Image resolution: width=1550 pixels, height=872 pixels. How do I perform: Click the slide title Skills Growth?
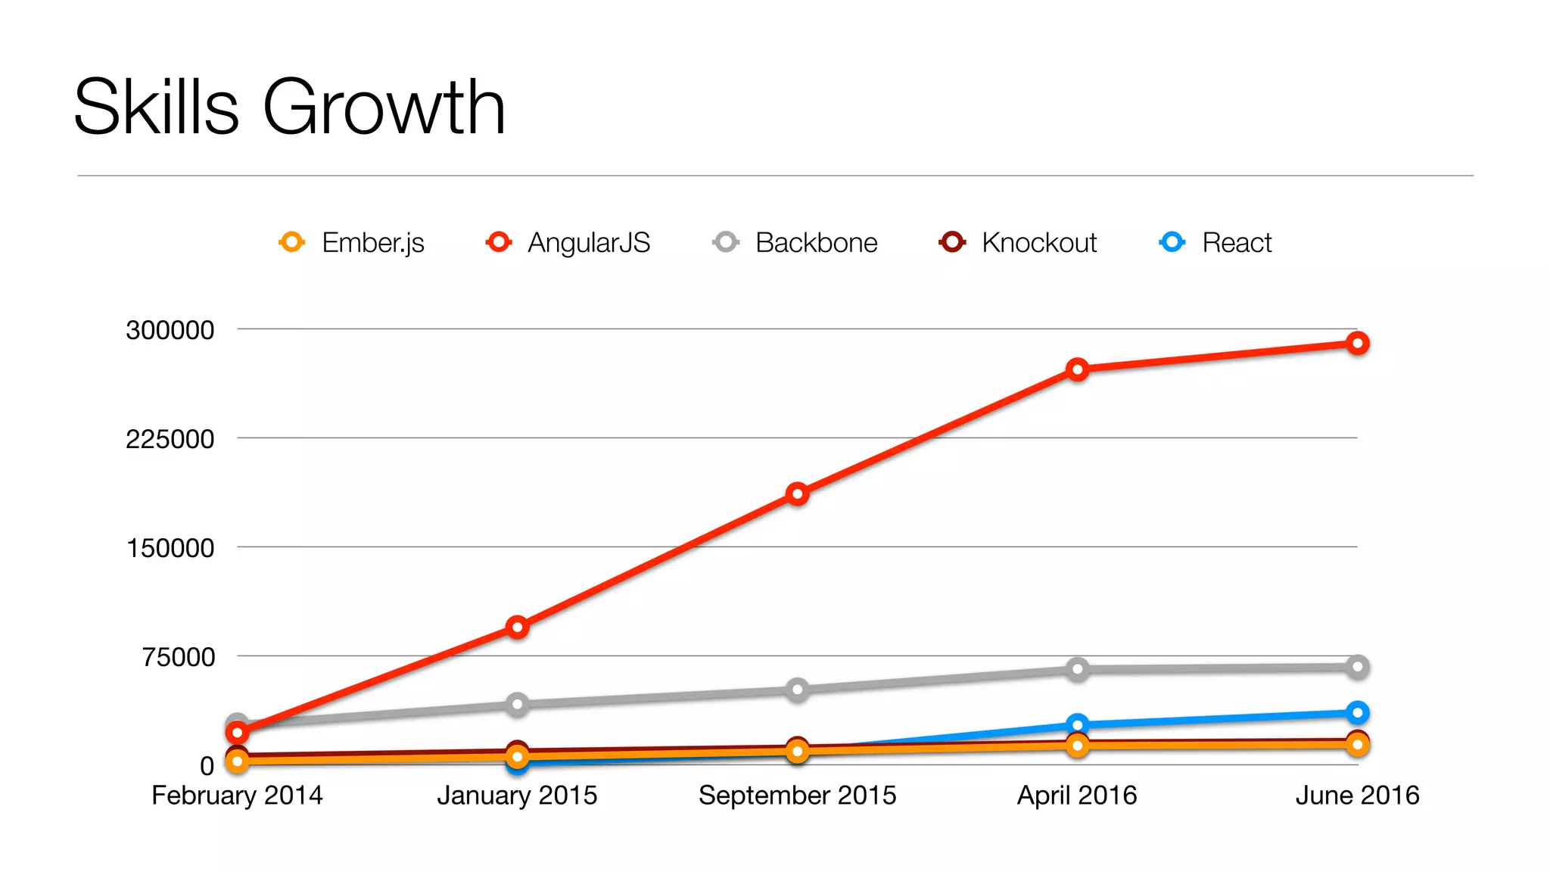[x=289, y=107]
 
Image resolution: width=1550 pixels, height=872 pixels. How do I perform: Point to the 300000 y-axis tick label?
[x=170, y=330]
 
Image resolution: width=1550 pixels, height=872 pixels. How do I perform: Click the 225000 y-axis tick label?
[x=170, y=439]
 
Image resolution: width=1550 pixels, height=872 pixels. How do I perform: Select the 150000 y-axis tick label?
[x=170, y=548]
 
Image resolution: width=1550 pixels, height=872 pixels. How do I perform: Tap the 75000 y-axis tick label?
[x=179, y=657]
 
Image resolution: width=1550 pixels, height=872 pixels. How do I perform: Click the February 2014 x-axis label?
[x=237, y=796]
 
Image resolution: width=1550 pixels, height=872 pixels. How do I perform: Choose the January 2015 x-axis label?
[x=517, y=796]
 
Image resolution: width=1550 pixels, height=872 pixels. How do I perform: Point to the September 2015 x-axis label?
[x=797, y=796]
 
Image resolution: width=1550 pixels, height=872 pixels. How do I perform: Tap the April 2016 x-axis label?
[x=1077, y=796]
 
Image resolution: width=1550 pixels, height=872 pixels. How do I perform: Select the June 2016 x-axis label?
[x=1357, y=796]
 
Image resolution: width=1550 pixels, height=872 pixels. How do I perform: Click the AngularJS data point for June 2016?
[x=1358, y=344]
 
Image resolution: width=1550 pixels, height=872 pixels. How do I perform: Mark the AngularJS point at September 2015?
[x=797, y=494]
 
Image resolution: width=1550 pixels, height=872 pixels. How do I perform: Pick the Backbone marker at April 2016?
[x=1077, y=669]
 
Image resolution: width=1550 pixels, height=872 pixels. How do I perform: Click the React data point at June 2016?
[x=1358, y=713]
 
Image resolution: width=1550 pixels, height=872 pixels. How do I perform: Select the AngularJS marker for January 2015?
[x=517, y=627]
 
